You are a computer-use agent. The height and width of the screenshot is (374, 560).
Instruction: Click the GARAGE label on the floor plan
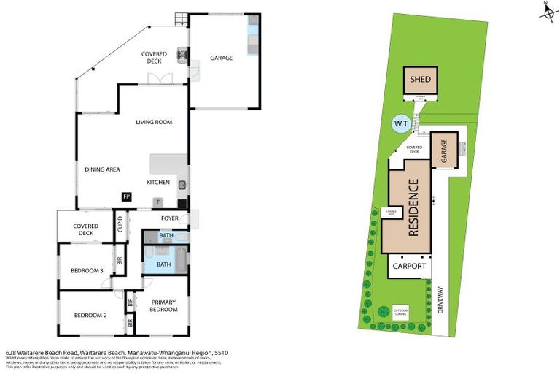point(221,58)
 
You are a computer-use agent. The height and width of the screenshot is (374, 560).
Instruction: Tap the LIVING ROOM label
point(154,122)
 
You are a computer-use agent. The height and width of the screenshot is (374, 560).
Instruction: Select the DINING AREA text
point(102,169)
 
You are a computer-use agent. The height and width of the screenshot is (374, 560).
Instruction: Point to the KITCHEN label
point(158,182)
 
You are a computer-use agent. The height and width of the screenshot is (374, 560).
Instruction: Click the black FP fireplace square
point(126,196)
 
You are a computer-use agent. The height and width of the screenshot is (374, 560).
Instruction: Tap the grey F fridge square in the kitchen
point(158,202)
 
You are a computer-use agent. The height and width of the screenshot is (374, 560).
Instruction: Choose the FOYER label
point(160,218)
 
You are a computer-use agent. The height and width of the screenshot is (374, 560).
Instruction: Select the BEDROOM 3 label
point(87,271)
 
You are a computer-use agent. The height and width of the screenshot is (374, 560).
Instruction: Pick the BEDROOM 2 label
point(90,316)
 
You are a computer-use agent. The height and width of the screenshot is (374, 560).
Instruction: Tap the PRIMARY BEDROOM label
point(164,305)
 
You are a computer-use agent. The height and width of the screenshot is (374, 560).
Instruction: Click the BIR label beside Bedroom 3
point(120,259)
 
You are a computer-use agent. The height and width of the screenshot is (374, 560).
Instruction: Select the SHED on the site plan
point(420,80)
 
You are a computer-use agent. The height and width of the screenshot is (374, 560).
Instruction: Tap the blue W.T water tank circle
point(400,123)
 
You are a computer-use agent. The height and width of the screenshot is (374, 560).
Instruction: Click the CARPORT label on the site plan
point(409,267)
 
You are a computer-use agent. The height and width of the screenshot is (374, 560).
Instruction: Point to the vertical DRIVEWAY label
point(440,299)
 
